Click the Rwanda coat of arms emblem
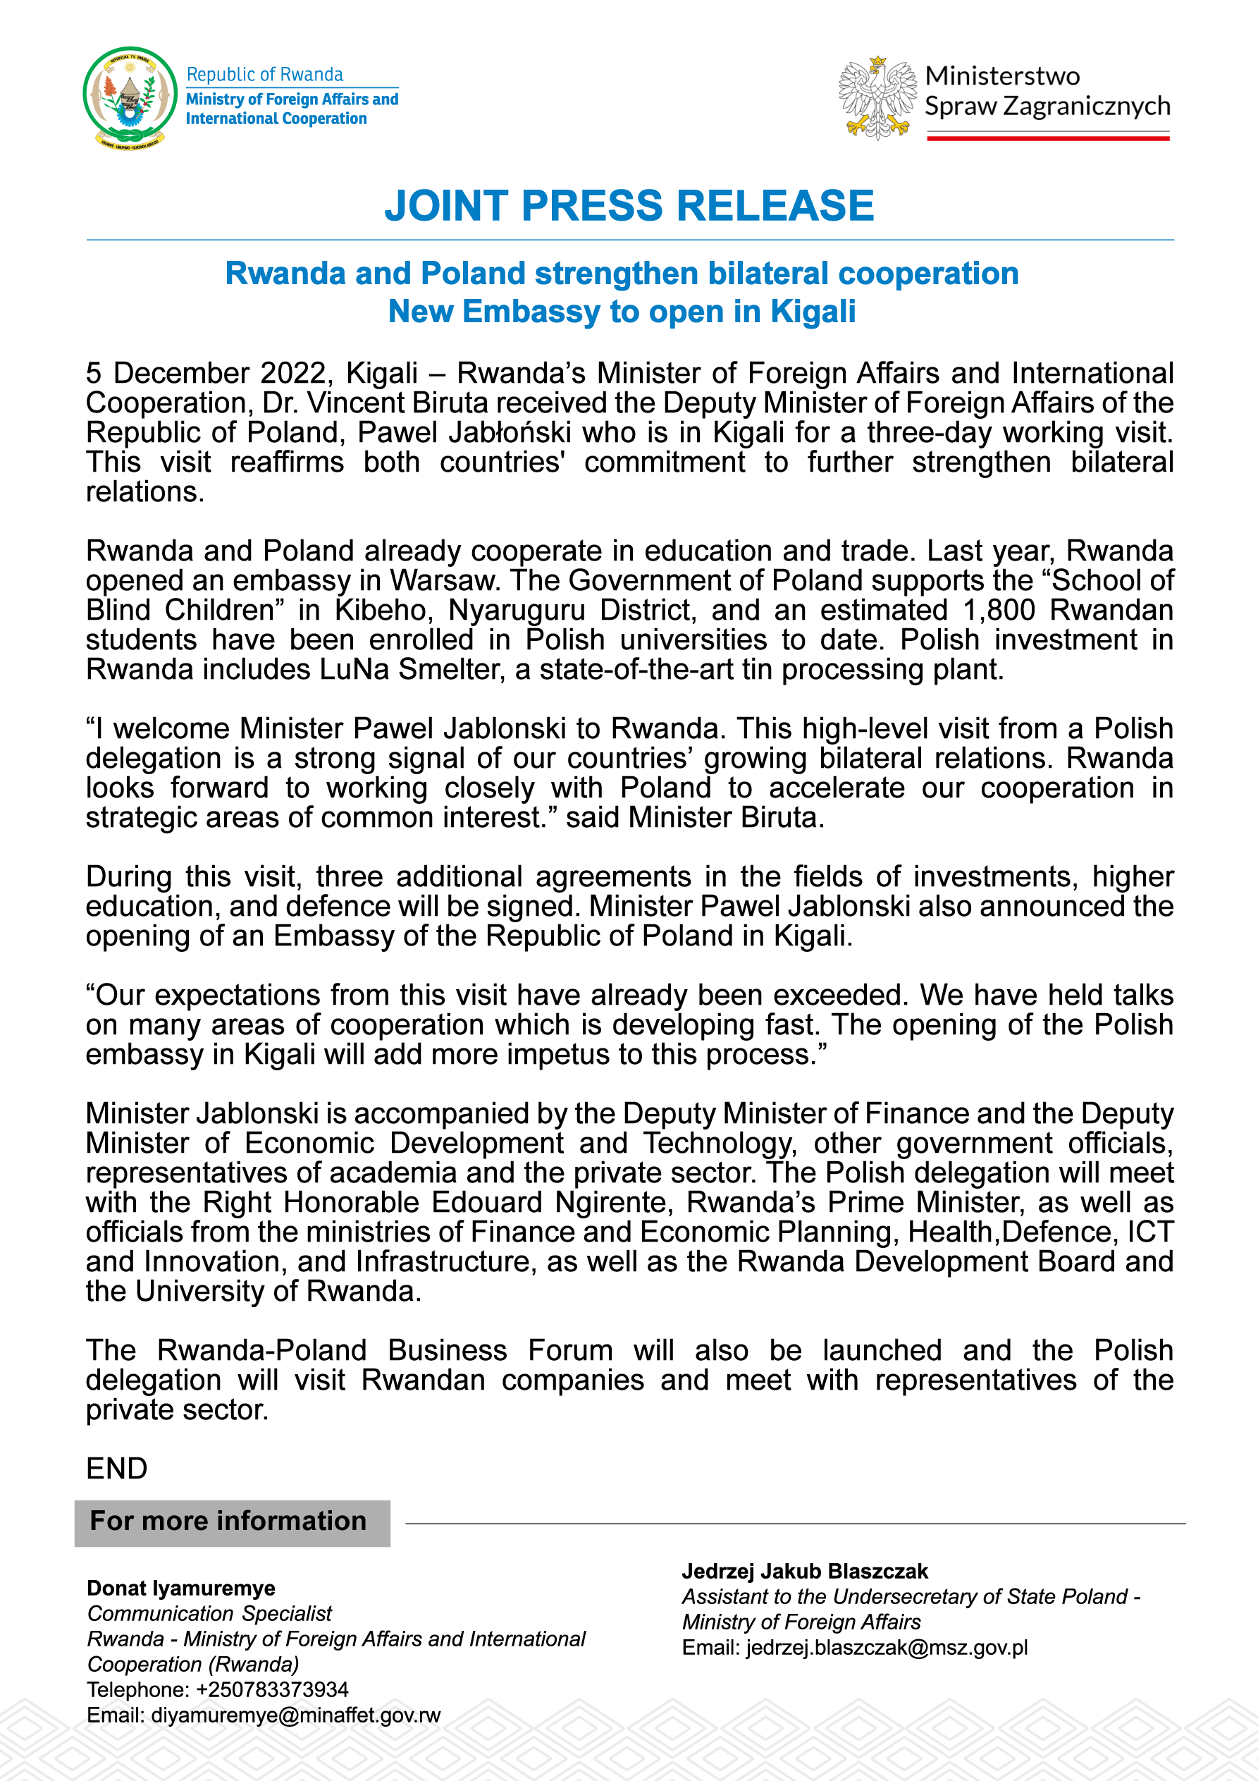(x=130, y=98)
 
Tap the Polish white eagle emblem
(x=877, y=98)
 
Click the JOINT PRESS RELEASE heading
(x=629, y=206)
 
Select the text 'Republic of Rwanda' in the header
(x=264, y=75)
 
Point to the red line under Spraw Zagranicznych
(x=1048, y=138)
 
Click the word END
(x=116, y=1469)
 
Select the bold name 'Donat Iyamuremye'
(x=180, y=1588)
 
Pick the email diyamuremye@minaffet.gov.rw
(x=295, y=1715)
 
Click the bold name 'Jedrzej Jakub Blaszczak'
(x=804, y=1571)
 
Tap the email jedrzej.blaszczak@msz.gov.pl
(x=887, y=1648)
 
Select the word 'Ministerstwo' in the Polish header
(x=1002, y=76)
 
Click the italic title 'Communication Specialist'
(x=209, y=1613)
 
